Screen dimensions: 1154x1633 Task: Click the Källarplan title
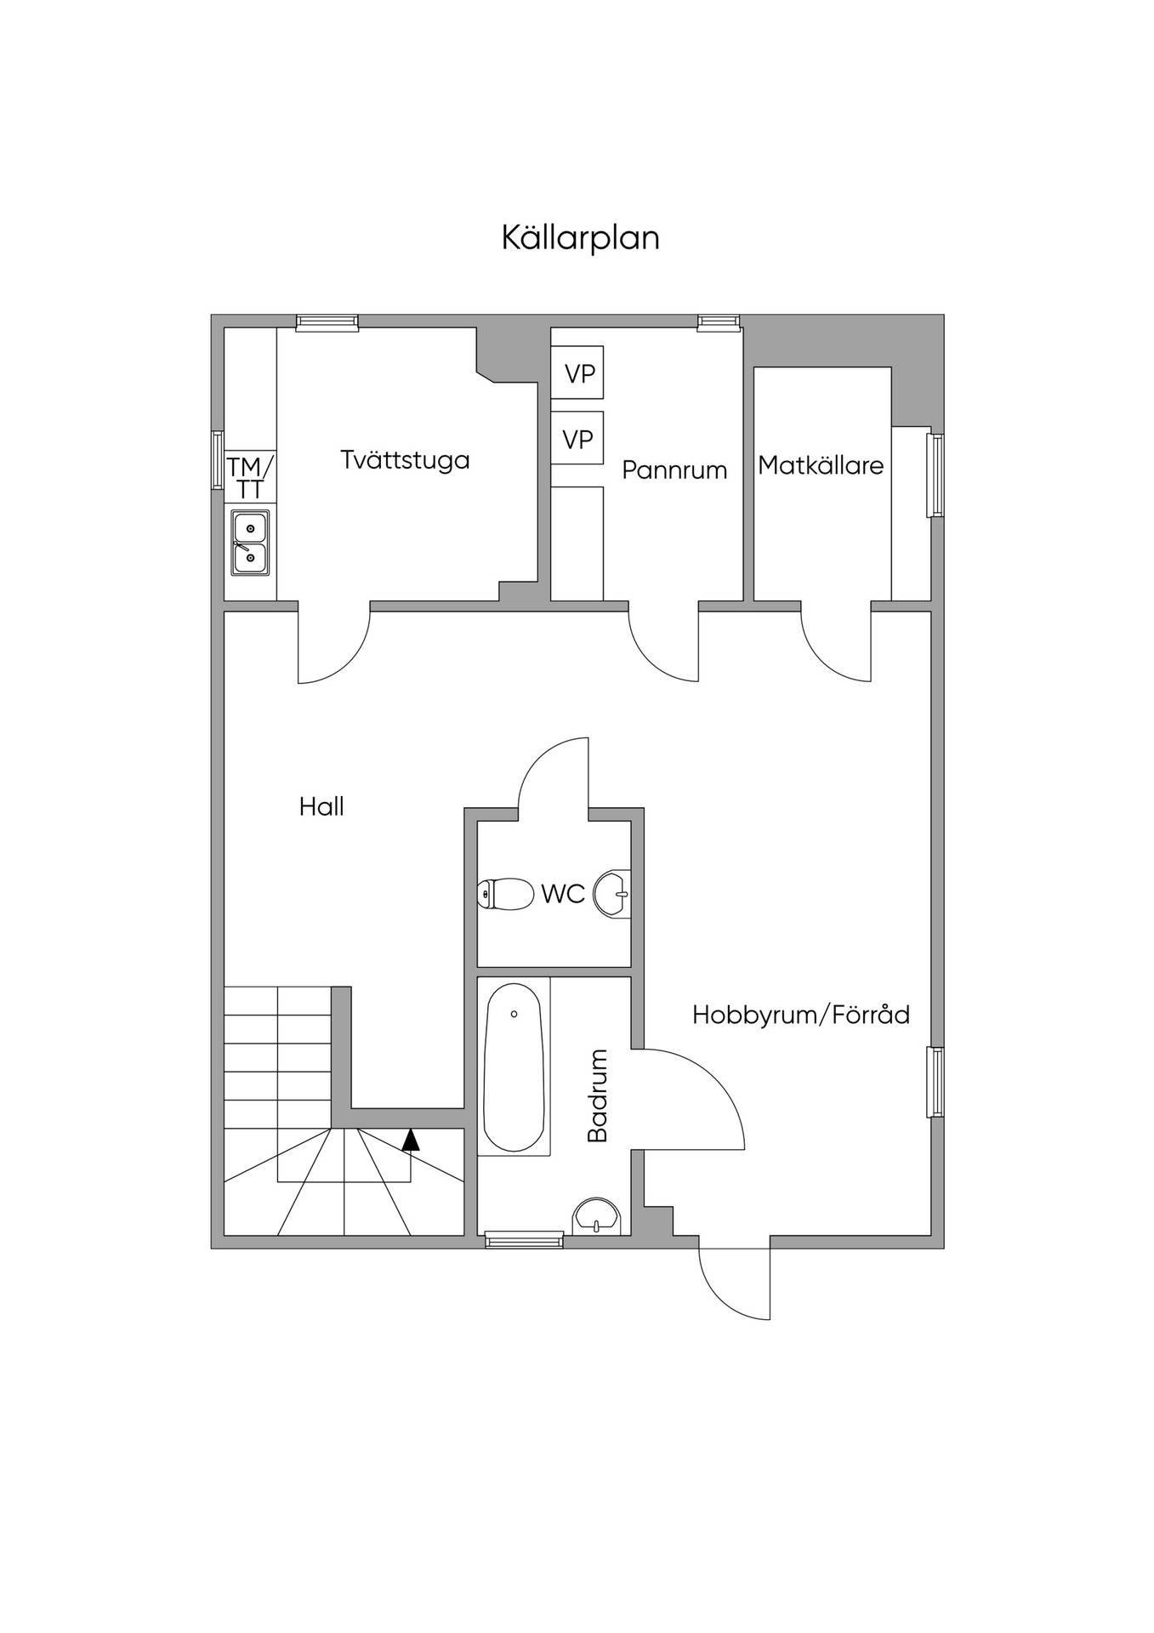coord(580,238)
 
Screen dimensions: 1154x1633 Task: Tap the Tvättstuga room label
coord(405,460)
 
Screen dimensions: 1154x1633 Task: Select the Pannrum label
coord(674,469)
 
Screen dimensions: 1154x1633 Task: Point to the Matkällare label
coord(821,465)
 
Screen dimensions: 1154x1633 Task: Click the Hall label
coord(321,805)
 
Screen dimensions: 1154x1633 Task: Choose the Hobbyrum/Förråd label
coord(801,1014)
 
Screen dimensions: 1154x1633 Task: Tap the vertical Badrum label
coord(598,1095)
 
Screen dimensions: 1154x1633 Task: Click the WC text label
coord(563,894)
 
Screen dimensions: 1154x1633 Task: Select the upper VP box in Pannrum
coord(577,372)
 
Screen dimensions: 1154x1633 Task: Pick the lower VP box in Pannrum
coord(577,438)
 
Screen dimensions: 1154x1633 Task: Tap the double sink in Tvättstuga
coord(250,543)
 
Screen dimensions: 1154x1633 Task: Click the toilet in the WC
coord(503,894)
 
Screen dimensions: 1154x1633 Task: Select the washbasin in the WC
coord(613,894)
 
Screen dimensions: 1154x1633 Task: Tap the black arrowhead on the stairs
coord(411,1140)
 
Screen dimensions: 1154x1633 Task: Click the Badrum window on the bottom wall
coord(524,1241)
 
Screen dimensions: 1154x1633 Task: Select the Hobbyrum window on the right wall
coord(936,1082)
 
